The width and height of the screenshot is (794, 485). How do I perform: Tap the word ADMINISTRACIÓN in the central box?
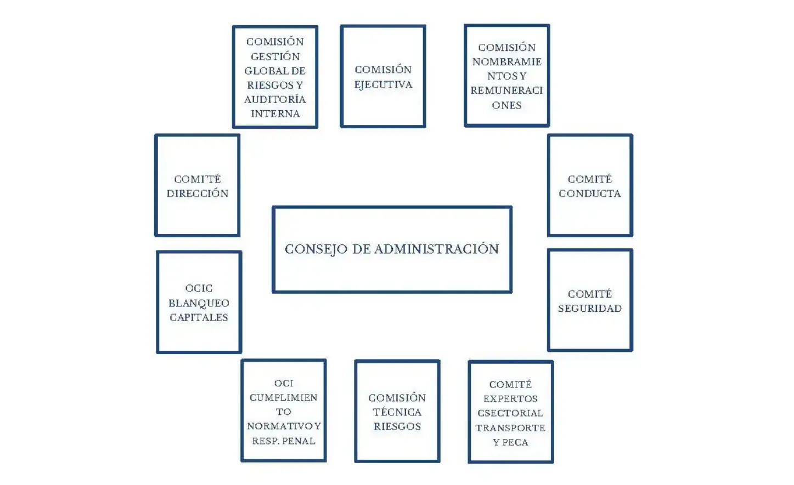point(437,249)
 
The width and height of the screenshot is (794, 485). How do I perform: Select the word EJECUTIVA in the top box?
point(383,84)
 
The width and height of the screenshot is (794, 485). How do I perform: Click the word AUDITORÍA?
point(275,99)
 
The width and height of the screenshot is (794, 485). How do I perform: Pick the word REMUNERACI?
point(506,90)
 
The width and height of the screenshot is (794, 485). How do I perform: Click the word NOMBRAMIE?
point(506,62)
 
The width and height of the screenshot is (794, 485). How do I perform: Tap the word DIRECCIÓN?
point(198,193)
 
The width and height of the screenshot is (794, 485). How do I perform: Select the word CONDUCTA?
point(590,193)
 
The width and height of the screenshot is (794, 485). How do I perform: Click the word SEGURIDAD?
point(590,309)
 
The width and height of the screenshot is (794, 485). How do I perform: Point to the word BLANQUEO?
point(199,303)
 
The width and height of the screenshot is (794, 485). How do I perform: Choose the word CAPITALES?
point(199,317)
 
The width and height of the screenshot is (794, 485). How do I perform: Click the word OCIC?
point(199,288)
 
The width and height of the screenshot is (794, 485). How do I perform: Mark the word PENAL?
point(299,441)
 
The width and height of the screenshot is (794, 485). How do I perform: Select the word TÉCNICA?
point(397,412)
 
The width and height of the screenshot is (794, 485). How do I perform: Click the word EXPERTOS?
point(510,399)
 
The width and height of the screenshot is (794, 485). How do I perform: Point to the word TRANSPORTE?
point(510,428)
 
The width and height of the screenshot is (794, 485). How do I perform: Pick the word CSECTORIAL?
point(510,413)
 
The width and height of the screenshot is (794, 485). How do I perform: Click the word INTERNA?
point(275,114)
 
